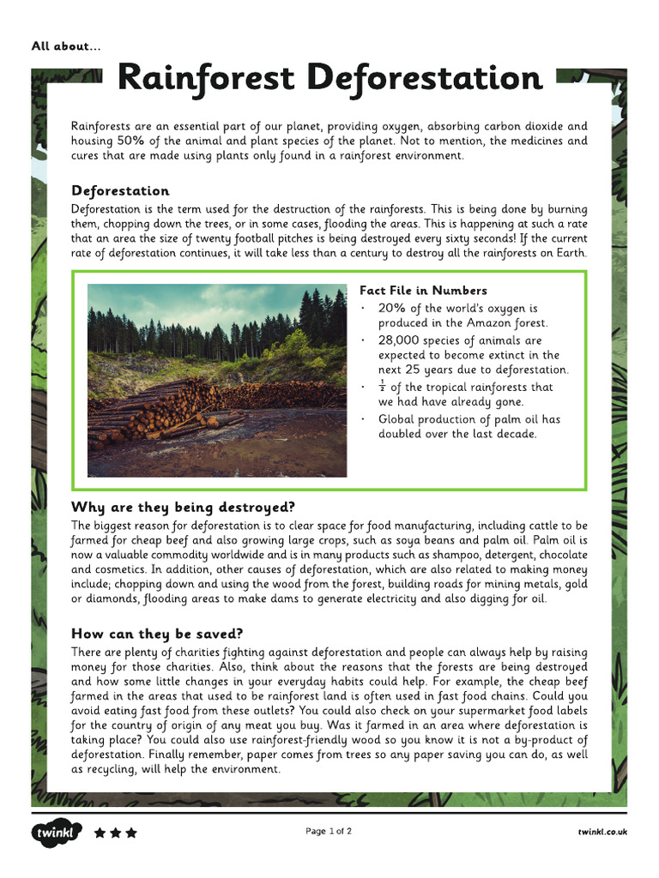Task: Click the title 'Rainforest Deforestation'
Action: [x=329, y=78]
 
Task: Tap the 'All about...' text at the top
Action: [x=66, y=46]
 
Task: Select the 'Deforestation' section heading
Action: [x=120, y=190]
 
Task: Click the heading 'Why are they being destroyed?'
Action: [x=183, y=507]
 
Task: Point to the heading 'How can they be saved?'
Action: [x=157, y=634]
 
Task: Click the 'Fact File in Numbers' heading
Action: [x=423, y=291]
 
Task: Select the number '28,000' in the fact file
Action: [x=399, y=340]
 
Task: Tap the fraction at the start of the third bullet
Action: [x=383, y=387]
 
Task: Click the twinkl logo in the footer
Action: [x=57, y=833]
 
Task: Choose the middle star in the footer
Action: [x=115, y=833]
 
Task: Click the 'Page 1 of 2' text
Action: [x=329, y=831]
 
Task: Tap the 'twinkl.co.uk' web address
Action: [x=602, y=832]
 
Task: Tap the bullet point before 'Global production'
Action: [x=364, y=419]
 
